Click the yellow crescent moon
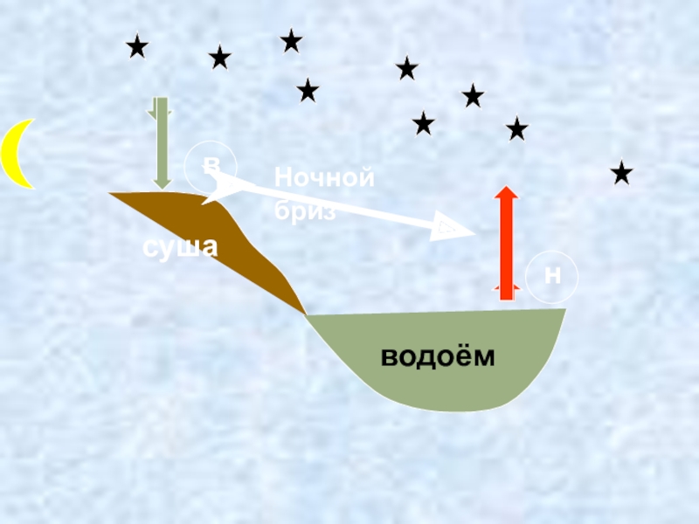point(15,155)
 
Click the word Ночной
point(324,178)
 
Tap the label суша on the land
point(180,247)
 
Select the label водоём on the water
point(437,357)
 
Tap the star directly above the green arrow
point(137,46)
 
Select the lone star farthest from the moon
point(621,173)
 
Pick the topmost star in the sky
point(291,40)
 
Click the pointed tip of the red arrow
point(506,189)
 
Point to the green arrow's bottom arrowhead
point(162,183)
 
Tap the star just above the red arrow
point(516,129)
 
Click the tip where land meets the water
point(305,314)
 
